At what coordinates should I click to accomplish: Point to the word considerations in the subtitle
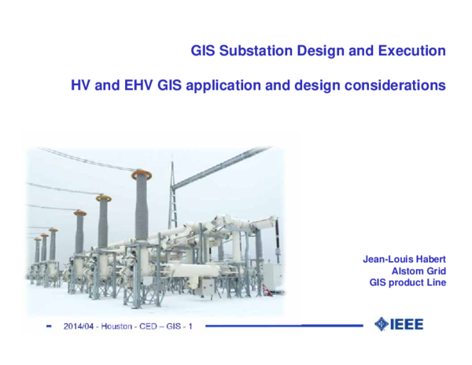point(400,84)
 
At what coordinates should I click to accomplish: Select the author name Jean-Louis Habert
point(404,259)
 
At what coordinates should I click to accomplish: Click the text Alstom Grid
point(419,271)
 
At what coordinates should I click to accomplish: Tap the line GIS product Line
point(407,282)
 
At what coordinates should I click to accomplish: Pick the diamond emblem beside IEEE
point(382,324)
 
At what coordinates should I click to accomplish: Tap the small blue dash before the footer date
point(49,326)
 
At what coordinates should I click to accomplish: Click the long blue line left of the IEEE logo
point(283,326)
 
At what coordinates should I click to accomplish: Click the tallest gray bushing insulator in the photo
point(142,208)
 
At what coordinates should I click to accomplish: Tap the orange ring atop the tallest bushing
point(142,174)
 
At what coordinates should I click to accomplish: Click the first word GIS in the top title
point(202,51)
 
